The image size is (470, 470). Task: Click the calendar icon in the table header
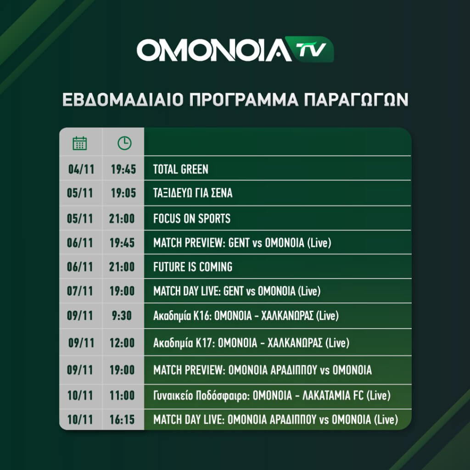(x=80, y=143)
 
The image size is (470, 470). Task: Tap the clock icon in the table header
(x=124, y=143)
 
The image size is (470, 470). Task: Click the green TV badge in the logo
(x=310, y=50)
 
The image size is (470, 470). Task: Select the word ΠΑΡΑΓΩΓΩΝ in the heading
(x=356, y=100)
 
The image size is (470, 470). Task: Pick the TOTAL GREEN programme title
(x=181, y=169)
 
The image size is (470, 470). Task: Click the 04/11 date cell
(x=81, y=169)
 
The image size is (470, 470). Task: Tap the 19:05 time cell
(x=123, y=193)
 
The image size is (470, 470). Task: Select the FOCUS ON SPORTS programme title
(x=192, y=218)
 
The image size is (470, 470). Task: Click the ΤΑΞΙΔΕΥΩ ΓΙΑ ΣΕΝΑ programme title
(x=193, y=193)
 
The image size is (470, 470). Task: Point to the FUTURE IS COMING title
(x=193, y=267)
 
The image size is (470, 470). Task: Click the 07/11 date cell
(x=80, y=291)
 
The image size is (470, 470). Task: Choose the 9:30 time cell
(x=122, y=316)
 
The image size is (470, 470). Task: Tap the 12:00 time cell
(x=122, y=343)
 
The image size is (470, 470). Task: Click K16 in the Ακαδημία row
(x=202, y=316)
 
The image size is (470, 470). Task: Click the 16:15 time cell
(x=122, y=420)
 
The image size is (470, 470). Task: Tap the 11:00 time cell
(x=122, y=396)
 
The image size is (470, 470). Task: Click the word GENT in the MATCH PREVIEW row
(x=239, y=243)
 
